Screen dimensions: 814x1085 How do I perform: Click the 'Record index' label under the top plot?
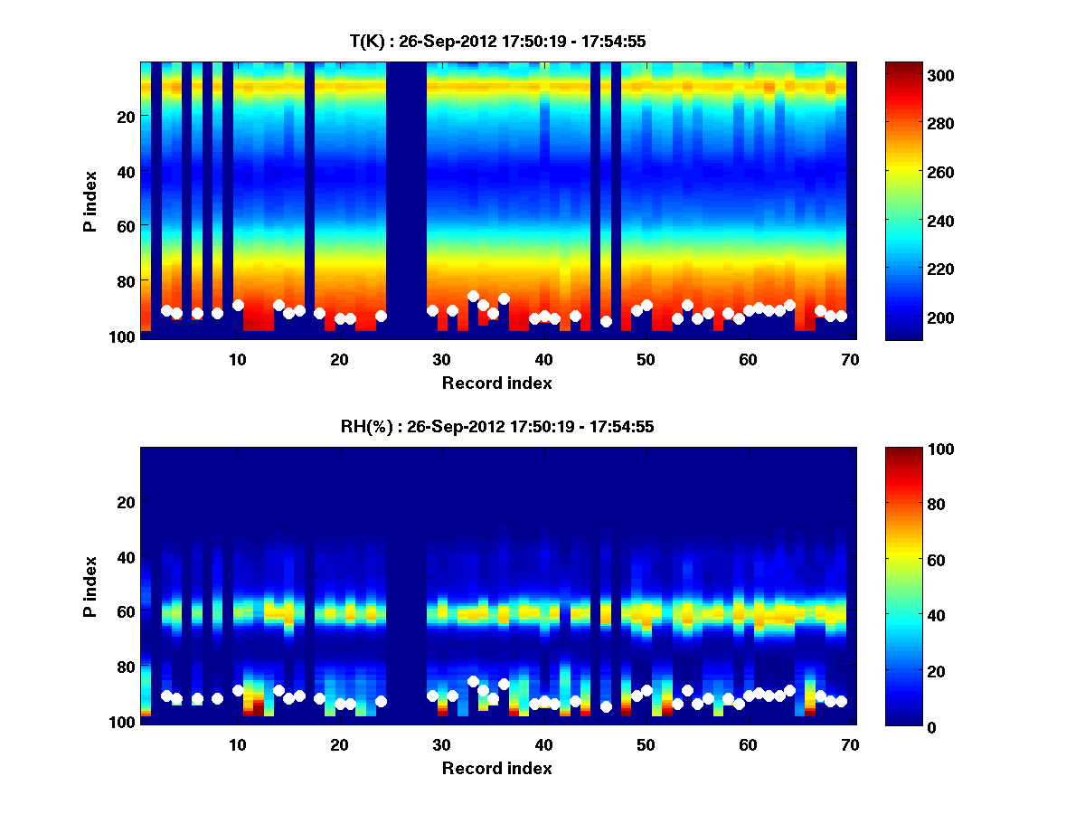496,383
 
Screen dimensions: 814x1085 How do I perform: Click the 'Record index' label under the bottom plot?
496,768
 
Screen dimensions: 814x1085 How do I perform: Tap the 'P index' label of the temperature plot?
90,201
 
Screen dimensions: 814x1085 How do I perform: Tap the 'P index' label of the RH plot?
90,586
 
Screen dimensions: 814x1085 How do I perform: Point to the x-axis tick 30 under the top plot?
441,359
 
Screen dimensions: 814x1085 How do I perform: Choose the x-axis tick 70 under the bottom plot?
850,744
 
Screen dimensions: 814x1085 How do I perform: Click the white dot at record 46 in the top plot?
606,321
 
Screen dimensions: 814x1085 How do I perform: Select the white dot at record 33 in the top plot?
473,296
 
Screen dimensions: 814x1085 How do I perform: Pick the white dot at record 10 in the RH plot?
238,690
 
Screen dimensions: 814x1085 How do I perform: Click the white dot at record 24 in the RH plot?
381,701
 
